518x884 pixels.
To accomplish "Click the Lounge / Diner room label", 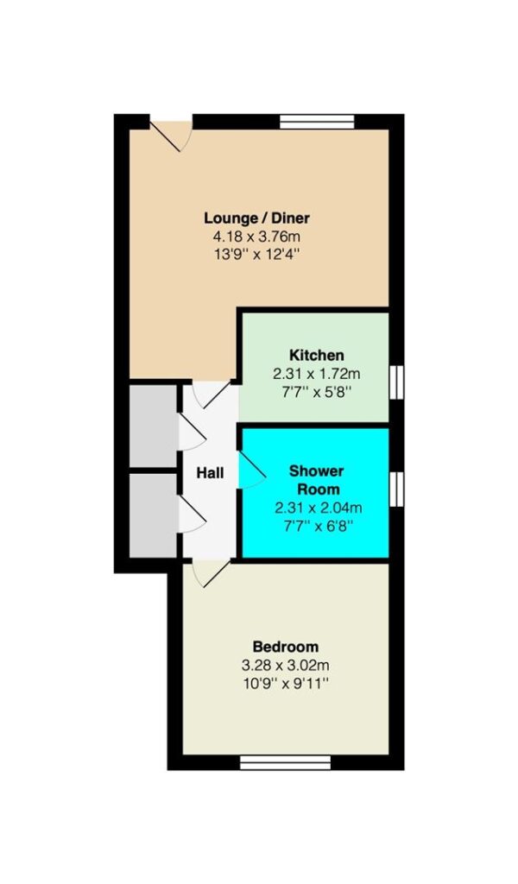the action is click(257, 218).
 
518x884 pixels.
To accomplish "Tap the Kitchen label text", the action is click(316, 355).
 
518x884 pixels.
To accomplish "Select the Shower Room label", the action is click(316, 479).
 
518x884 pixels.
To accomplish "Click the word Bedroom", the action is click(285, 646).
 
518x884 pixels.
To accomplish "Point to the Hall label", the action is click(210, 472).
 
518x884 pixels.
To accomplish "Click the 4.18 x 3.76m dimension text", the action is click(256, 237).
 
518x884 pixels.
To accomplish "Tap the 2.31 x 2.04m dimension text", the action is click(318, 508).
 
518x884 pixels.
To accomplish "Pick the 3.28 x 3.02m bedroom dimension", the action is click(285, 666).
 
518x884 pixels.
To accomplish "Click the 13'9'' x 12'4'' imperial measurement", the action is click(256, 255).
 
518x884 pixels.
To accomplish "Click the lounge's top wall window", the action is click(318, 121).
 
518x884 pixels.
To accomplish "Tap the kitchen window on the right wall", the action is click(397, 382).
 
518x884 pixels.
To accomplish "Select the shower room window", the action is click(397, 489).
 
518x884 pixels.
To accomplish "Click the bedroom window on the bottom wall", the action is click(285, 762).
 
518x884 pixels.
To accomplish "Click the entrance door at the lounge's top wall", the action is click(171, 134).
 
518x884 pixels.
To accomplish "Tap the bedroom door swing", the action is click(210, 573).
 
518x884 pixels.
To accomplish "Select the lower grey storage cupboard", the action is click(154, 515).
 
